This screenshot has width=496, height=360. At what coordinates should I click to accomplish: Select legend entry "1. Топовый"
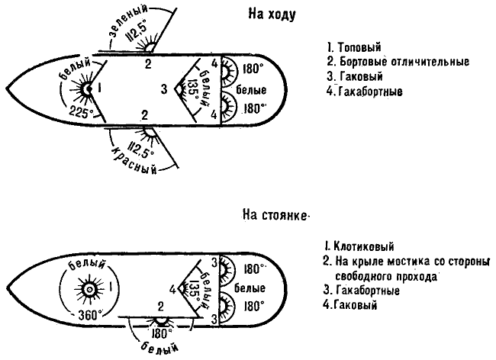[x=354, y=47]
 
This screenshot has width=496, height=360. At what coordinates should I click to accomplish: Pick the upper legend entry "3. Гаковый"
[x=352, y=77]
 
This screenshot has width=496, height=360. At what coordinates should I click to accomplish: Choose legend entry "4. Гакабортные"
[x=362, y=92]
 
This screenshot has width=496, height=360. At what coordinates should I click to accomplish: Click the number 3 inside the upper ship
[x=163, y=89]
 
